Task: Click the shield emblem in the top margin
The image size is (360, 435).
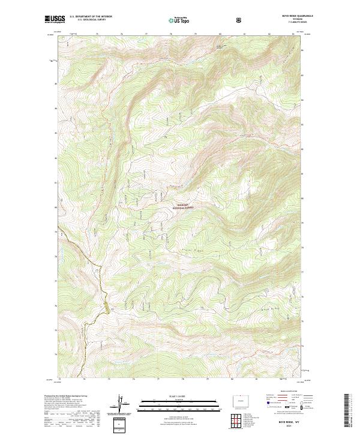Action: pos(239,20)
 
